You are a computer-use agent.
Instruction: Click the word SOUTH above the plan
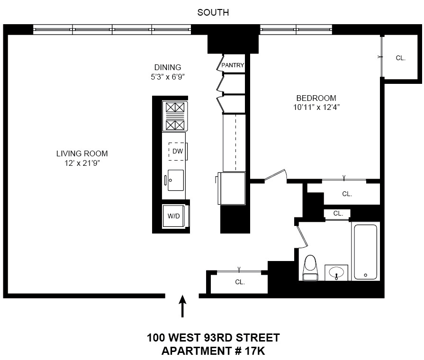pyautogui.click(x=213, y=13)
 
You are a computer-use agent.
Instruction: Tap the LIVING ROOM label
pyautogui.click(x=82, y=153)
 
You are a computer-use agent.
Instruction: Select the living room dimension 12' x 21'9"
pyautogui.click(x=82, y=163)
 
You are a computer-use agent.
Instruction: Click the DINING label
pyautogui.click(x=167, y=67)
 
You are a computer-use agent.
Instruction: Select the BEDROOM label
pyautogui.click(x=314, y=98)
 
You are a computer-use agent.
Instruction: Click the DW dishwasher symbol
pyautogui.click(x=177, y=151)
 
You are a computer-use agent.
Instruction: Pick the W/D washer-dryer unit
pyautogui.click(x=174, y=216)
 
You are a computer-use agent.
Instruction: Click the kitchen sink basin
pyautogui.click(x=176, y=180)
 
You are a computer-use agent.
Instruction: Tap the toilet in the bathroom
pyautogui.click(x=310, y=268)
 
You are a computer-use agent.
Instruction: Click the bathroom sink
pyautogui.click(x=337, y=272)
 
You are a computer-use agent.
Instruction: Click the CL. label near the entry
pyautogui.click(x=240, y=282)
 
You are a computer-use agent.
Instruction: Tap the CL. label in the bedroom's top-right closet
pyautogui.click(x=400, y=58)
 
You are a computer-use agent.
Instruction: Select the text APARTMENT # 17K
pyautogui.click(x=213, y=351)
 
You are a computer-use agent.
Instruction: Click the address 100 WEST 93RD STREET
pyautogui.click(x=213, y=338)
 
